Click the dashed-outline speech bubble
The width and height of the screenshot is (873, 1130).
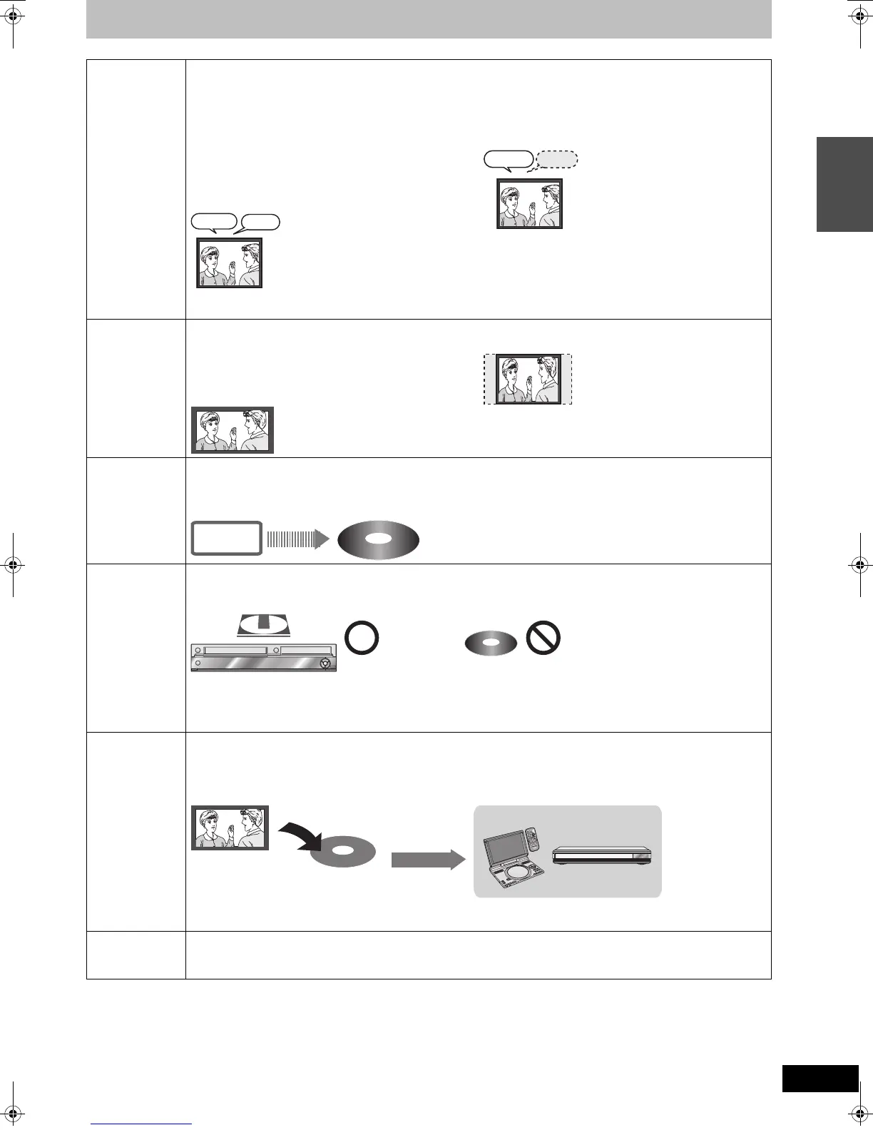point(556,160)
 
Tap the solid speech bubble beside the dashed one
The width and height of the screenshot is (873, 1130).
point(508,160)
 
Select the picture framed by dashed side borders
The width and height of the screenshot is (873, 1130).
point(529,379)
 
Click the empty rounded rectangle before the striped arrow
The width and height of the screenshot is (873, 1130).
point(225,539)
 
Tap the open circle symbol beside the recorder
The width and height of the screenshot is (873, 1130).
point(362,639)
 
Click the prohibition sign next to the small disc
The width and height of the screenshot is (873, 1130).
point(543,639)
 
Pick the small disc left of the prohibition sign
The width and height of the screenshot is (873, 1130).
point(491,643)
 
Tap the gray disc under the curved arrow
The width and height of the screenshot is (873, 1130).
point(343,852)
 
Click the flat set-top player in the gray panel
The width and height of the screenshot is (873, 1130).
point(602,854)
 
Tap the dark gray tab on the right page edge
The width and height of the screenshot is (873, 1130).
point(844,184)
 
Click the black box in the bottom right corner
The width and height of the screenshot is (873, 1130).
point(820,1078)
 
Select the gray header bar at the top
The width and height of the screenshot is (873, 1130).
point(429,19)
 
